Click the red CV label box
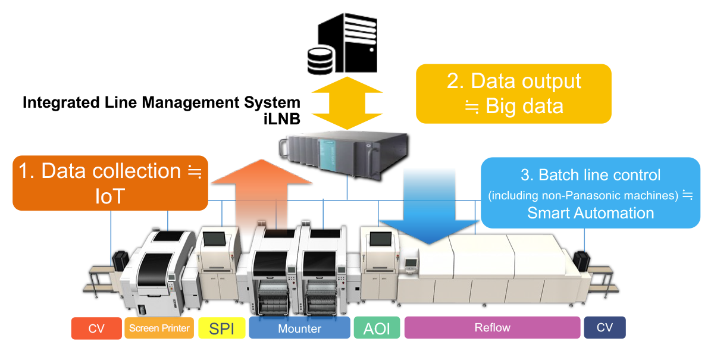click(x=96, y=328)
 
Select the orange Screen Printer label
click(x=159, y=328)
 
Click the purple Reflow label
click(x=492, y=328)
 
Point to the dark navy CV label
click(x=605, y=327)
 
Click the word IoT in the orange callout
click(x=111, y=196)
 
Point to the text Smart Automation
click(x=590, y=213)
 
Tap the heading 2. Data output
click(x=513, y=81)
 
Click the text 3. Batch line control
click(x=590, y=175)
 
